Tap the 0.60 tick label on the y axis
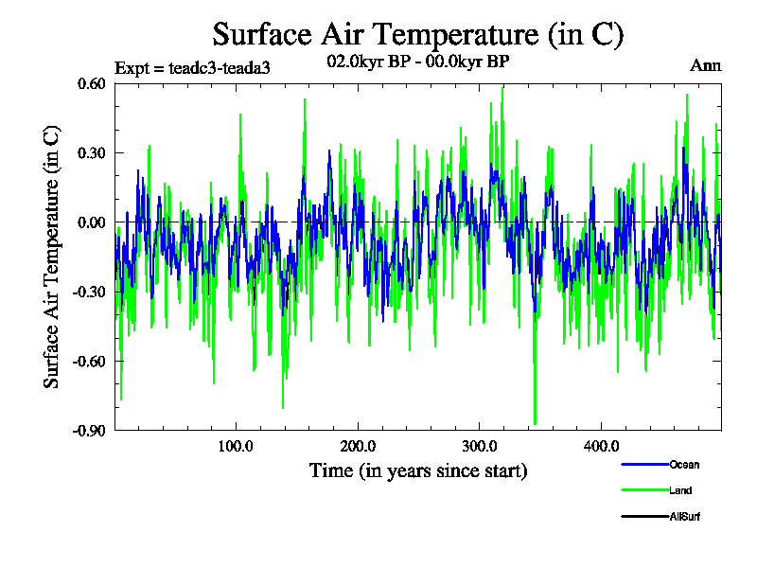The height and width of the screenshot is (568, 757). [93, 83]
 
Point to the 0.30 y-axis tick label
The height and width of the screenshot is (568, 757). [93, 152]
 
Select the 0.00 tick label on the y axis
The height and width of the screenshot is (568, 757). [93, 222]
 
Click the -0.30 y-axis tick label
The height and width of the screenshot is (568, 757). [90, 292]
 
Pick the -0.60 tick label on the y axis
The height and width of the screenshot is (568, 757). [90, 361]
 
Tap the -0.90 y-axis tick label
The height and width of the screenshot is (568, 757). [90, 430]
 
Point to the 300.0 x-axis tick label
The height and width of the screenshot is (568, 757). [479, 447]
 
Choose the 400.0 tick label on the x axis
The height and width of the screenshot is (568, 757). [601, 447]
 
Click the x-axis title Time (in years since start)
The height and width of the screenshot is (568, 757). [417, 470]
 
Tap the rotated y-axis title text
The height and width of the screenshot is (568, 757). [53, 257]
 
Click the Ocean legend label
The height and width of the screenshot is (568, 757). [684, 465]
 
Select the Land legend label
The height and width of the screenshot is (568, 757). [680, 490]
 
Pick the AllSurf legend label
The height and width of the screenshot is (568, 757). [685, 517]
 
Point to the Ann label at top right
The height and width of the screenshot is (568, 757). [705, 65]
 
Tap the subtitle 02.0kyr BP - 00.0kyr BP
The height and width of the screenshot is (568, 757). [417, 63]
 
